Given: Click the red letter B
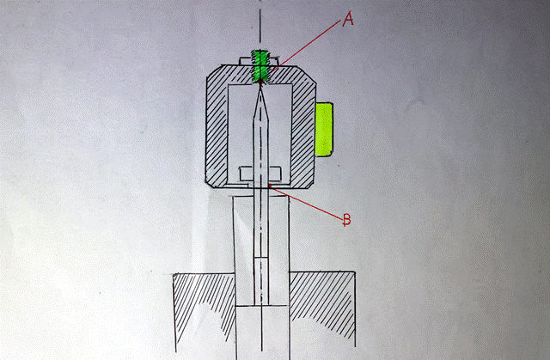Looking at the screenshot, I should pyautogui.click(x=346, y=220).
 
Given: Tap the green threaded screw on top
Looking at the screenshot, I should pyautogui.click(x=260, y=68).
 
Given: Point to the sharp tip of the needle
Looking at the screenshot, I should pyautogui.click(x=260, y=88).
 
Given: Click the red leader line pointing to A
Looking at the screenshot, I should pyautogui.click(x=309, y=43).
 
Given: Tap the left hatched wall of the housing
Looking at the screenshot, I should pyautogui.click(x=217, y=129).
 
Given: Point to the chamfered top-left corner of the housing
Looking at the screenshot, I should pyautogui.click(x=210, y=76).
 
